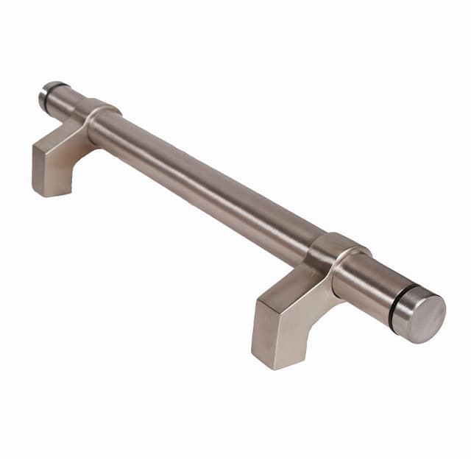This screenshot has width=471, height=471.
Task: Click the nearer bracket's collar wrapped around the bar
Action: (x=339, y=258)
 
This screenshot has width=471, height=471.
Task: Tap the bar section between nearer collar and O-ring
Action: (x=372, y=283)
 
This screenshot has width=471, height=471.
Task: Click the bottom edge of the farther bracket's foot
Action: (x=52, y=194)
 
